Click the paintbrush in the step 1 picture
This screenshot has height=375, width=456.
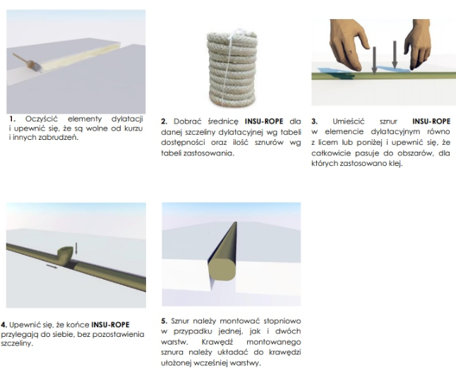click(28, 62)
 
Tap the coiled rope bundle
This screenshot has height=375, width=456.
click(232, 69)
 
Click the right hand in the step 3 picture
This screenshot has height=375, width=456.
click(417, 44)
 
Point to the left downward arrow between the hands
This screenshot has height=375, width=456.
click(374, 60)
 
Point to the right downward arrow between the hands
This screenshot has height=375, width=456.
click(395, 55)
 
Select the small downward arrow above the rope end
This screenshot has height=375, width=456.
click(76, 249)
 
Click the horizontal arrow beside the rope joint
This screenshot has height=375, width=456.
click(52, 266)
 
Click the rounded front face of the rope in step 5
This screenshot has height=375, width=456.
click(222, 268)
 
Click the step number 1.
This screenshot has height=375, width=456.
click(12, 119)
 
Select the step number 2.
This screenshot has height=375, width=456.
click(164, 121)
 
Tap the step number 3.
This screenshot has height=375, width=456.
click(314, 121)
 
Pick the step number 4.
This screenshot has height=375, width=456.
click(4, 325)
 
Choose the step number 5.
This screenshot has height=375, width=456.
click(164, 321)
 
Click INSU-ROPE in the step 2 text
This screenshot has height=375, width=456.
click(264, 121)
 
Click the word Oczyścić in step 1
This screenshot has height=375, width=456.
click(42, 119)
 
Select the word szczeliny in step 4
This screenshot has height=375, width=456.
click(16, 344)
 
